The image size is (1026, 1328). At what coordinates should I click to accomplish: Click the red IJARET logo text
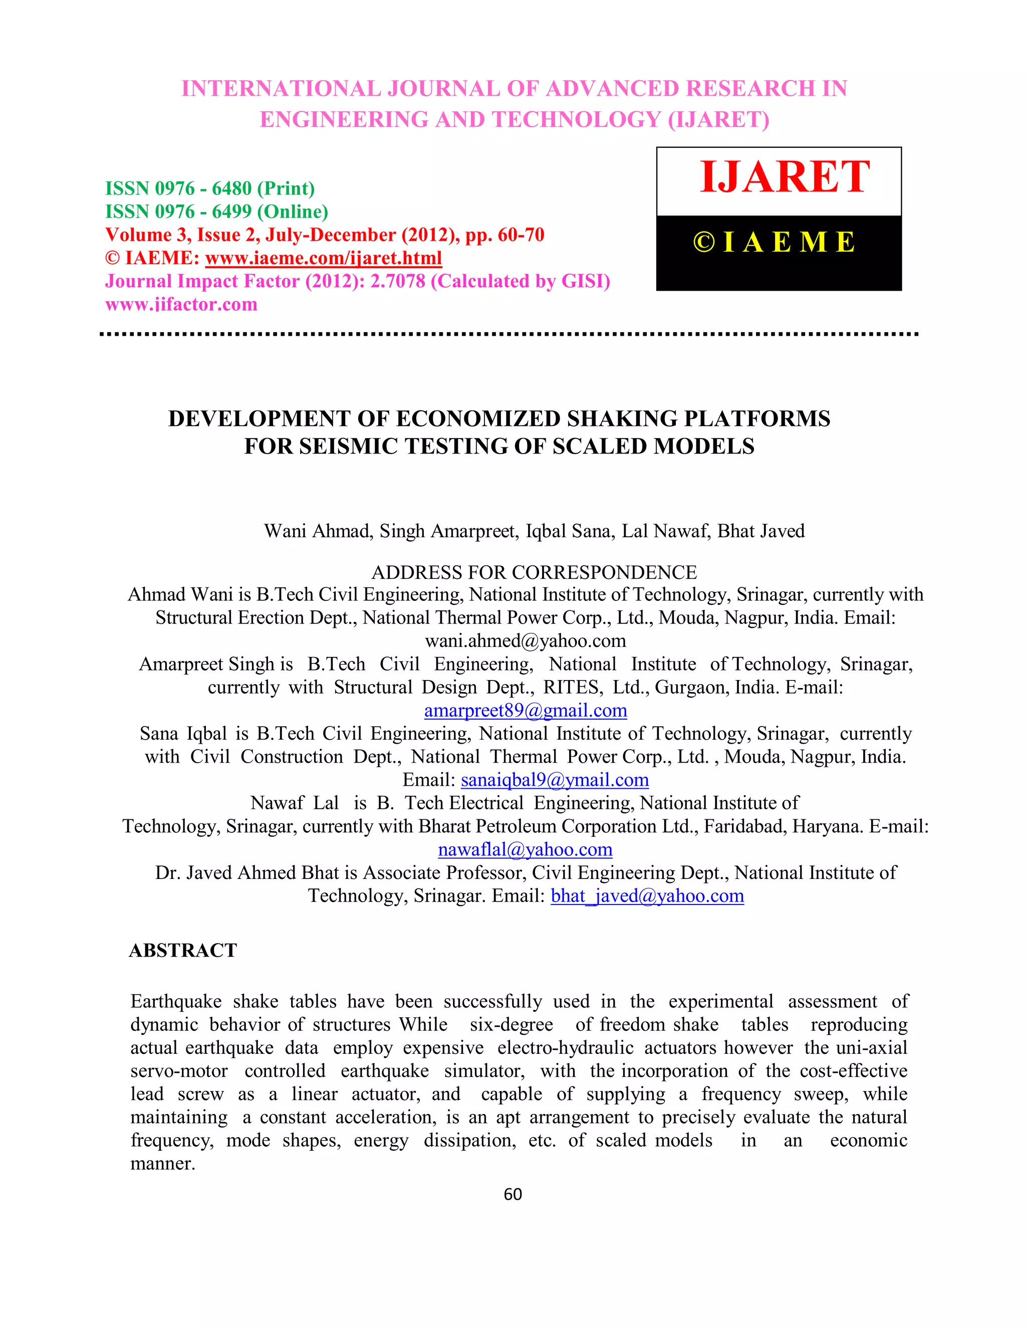click(784, 177)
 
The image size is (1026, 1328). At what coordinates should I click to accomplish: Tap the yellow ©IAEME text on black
click(775, 242)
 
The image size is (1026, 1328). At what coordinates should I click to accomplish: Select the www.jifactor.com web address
click(181, 304)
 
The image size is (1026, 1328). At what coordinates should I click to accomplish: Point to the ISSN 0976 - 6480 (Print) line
click(210, 188)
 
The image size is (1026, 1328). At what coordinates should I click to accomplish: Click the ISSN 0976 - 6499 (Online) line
click(216, 211)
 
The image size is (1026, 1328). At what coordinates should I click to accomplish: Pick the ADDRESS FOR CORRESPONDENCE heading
click(534, 572)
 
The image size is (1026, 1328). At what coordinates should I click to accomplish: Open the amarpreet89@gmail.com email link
click(525, 710)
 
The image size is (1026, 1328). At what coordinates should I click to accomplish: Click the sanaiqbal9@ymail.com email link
click(555, 780)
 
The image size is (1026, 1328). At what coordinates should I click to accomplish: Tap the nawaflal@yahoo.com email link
click(525, 849)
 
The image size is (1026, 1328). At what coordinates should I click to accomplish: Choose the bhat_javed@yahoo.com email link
click(647, 896)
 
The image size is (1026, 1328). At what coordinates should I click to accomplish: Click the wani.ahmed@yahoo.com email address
click(525, 641)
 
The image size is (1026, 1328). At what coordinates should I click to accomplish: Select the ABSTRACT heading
click(182, 950)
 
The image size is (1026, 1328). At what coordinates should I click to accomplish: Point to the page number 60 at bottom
click(512, 1194)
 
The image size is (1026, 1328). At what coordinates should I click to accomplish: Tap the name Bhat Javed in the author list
click(760, 531)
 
